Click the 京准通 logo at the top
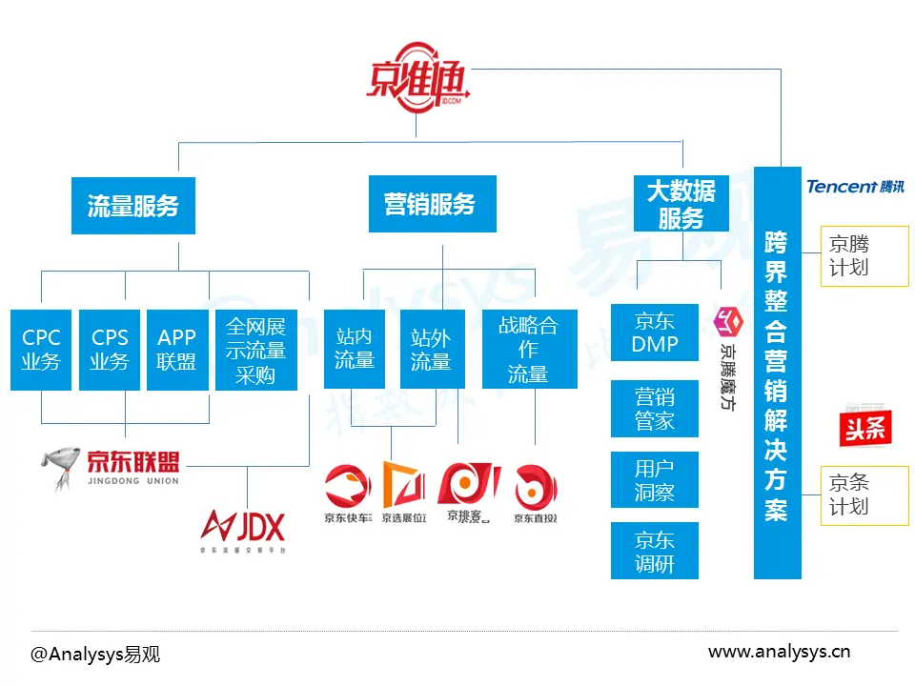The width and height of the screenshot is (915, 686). (x=417, y=79)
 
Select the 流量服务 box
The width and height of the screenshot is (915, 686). (x=133, y=205)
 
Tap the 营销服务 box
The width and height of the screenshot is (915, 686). (x=432, y=204)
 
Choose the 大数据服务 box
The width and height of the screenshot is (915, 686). (x=681, y=204)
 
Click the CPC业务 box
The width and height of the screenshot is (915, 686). (x=41, y=349)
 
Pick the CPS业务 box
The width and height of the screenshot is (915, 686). (x=110, y=349)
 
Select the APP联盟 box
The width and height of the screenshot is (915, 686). (x=177, y=349)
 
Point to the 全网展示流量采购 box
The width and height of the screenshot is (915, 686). (x=255, y=349)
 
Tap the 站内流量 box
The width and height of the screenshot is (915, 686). (x=354, y=349)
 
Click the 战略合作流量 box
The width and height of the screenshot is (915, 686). (x=529, y=349)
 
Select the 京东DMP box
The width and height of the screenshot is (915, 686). (x=654, y=333)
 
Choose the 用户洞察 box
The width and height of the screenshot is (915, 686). (x=654, y=480)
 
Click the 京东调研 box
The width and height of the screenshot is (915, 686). (x=654, y=551)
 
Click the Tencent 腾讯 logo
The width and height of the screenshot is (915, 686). (x=854, y=187)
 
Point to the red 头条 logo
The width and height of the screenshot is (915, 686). (x=863, y=425)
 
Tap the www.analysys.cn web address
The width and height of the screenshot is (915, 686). (x=779, y=652)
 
